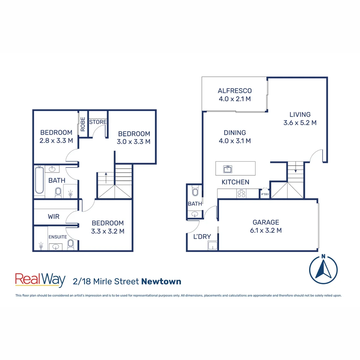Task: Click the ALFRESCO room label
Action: point(235,91)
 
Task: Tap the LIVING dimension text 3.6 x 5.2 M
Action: point(300,123)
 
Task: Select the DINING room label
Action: point(235,133)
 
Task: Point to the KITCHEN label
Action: point(236,182)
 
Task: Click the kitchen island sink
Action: point(228,169)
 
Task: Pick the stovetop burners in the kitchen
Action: point(241,193)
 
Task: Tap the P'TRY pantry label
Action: point(265,194)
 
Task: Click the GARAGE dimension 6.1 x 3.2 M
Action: point(266,230)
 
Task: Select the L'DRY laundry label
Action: point(202,237)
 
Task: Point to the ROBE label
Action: point(83,124)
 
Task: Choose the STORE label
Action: point(98,122)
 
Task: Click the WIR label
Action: point(54,217)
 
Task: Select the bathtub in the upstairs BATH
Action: point(39,180)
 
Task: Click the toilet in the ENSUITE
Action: point(70,245)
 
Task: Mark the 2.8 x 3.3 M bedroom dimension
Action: point(56,141)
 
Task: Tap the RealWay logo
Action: point(40,280)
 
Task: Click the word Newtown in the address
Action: point(161,281)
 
